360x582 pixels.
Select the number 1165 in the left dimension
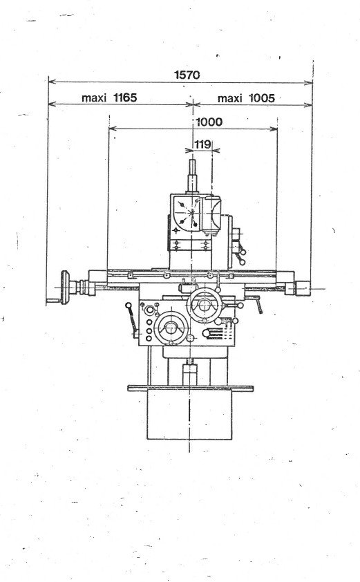coord(124,98)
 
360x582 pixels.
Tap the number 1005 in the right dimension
coord(261,98)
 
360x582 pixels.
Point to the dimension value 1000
coord(208,122)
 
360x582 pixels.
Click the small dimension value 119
coord(202,144)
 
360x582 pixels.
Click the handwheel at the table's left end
coord(66,285)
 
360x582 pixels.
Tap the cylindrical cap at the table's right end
coord(303,285)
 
